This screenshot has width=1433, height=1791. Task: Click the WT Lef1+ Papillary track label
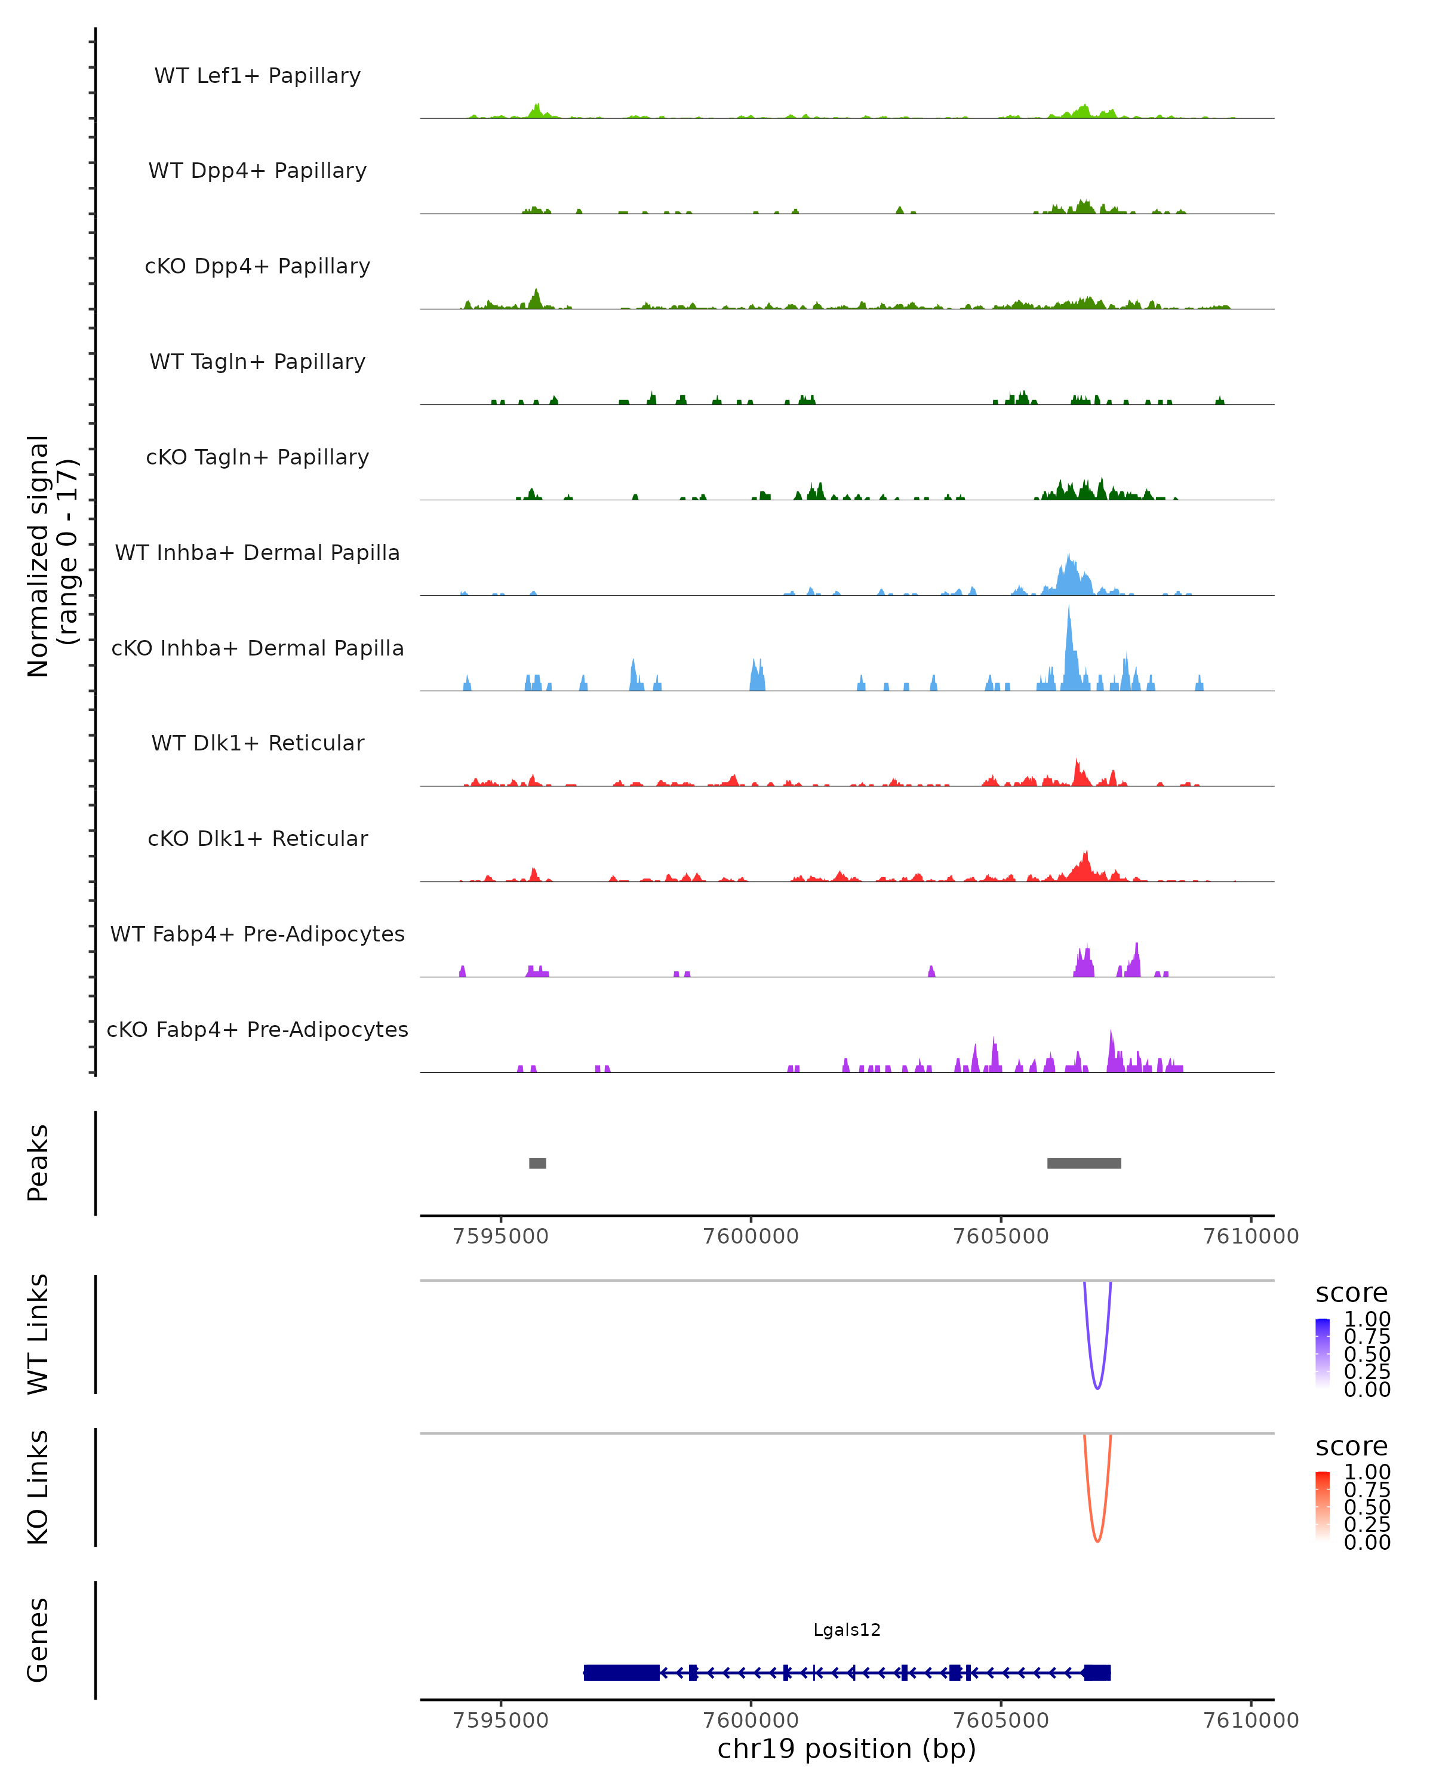click(257, 76)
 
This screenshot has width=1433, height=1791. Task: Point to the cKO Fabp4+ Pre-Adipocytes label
click(257, 1029)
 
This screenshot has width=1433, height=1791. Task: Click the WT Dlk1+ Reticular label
click(257, 743)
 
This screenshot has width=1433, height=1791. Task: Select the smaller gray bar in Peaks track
click(537, 1163)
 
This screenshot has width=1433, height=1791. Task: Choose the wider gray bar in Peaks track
click(1084, 1163)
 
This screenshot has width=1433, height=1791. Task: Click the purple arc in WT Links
click(1097, 1388)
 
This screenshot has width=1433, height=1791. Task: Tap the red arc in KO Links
click(1097, 1541)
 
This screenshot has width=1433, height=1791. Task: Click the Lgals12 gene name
click(847, 1630)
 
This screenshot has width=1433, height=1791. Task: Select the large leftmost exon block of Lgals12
click(622, 1672)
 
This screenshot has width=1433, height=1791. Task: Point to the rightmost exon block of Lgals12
click(1097, 1672)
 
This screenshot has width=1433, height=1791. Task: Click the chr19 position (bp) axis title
click(847, 1749)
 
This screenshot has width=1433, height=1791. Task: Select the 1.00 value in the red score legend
click(1367, 1471)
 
